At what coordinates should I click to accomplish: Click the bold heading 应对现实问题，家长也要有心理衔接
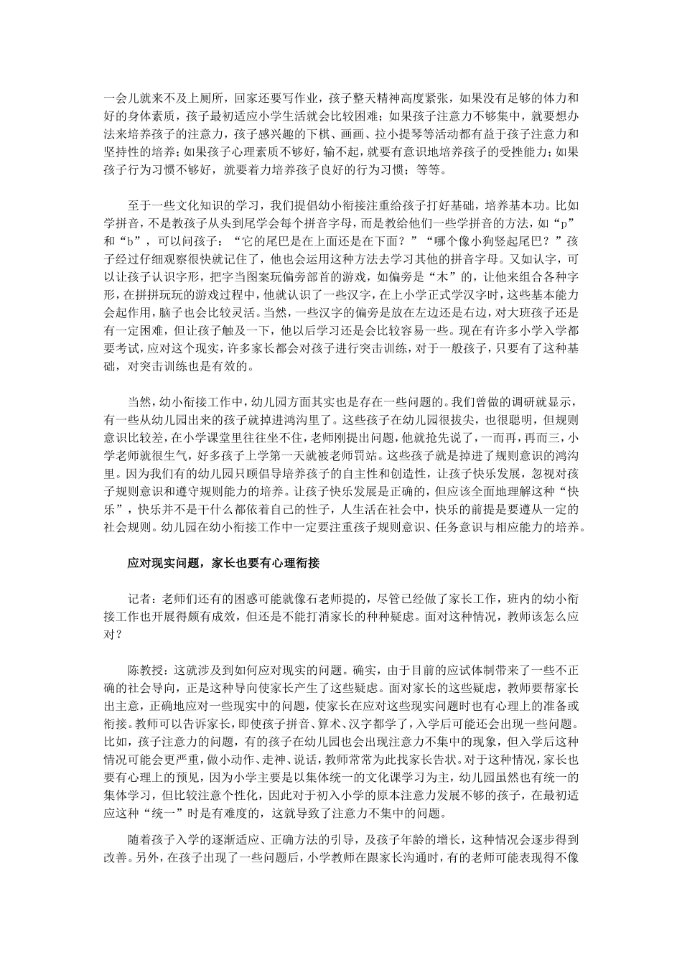coord(223,564)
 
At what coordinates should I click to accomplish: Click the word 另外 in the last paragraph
coord(145,857)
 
